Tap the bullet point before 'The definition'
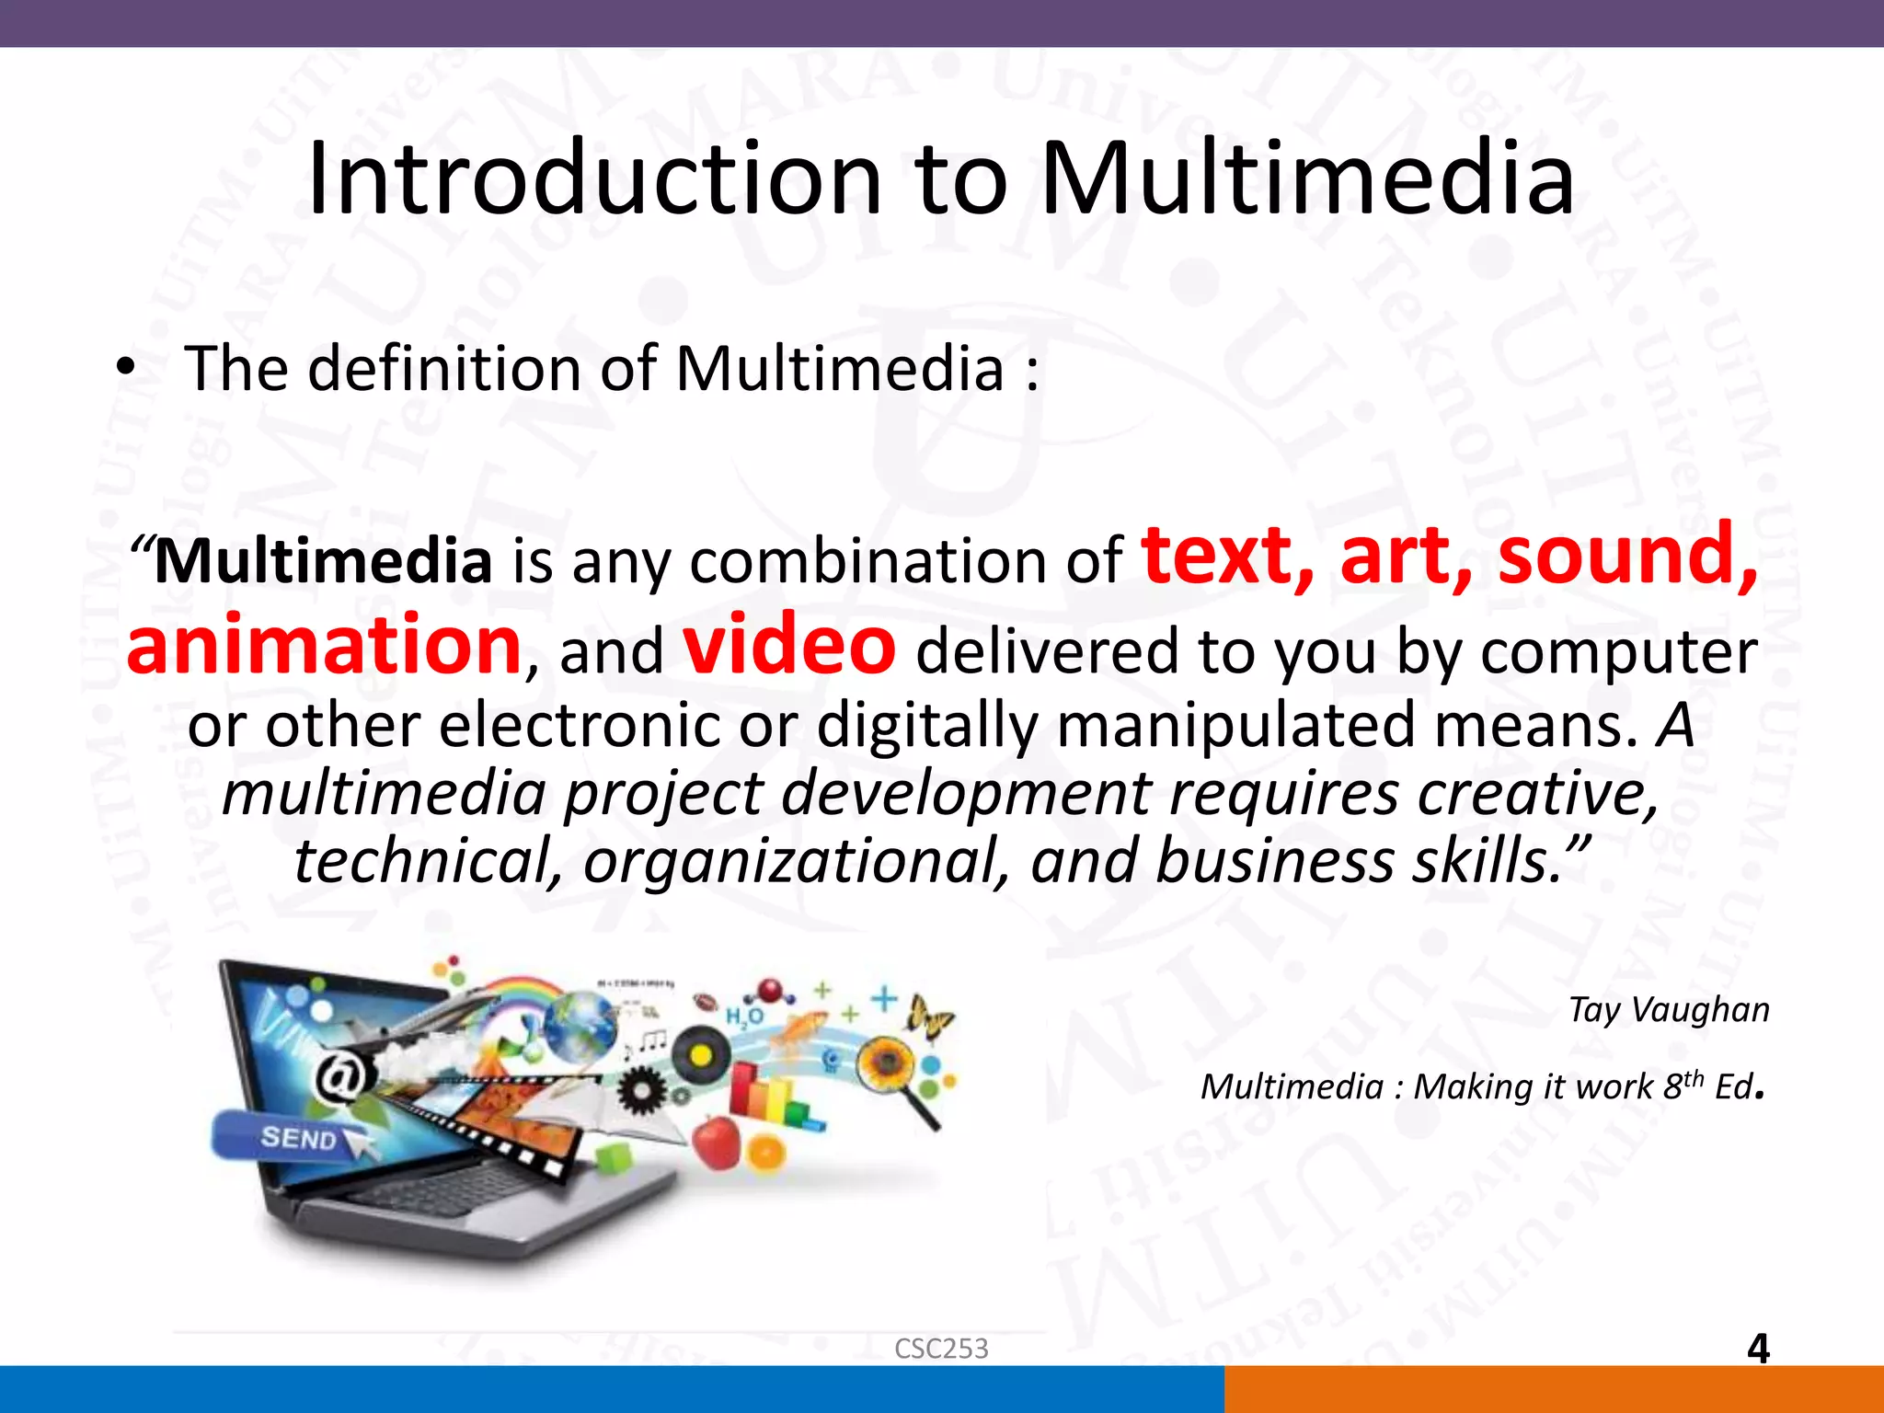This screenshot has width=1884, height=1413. pos(125,369)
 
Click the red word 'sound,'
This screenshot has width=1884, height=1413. pos(1627,556)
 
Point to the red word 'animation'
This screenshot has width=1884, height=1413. pos(325,645)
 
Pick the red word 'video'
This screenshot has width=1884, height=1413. pos(789,645)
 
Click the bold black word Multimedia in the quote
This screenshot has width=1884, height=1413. pos(323,561)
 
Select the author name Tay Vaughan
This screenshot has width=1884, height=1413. pos(1668,1010)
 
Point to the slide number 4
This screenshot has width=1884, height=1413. pos(1758,1349)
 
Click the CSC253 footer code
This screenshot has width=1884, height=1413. pos(941,1349)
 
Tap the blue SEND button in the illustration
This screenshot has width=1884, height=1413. pos(294,1138)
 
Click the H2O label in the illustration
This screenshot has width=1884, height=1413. pos(743,1016)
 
